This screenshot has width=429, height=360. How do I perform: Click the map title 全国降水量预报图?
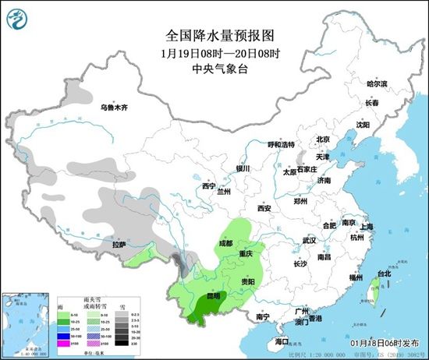pos(211,35)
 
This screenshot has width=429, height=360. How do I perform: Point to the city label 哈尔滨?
pos(377,83)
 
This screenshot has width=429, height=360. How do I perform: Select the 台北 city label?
pos(383,274)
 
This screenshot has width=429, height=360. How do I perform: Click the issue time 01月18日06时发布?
pos(385,341)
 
